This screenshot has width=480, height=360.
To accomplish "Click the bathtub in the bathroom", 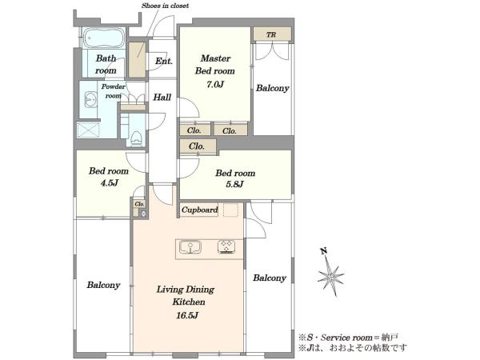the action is (104, 38).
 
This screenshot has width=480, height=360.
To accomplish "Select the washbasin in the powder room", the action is (90, 99).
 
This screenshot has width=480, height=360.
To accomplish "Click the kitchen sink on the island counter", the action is (190, 247).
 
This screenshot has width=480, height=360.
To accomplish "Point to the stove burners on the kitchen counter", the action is (226, 247).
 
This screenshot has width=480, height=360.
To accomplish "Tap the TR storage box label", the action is (271, 35).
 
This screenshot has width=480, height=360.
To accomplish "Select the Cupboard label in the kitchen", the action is (199, 210).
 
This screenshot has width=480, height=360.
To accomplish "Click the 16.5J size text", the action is (187, 315).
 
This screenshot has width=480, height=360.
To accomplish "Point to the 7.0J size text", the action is (215, 84).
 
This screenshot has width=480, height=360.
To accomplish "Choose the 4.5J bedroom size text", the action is (110, 183).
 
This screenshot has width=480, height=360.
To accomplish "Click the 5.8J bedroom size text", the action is (234, 184).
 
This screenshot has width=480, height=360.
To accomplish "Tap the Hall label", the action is (162, 98).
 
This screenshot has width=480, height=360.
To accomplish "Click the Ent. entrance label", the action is (164, 61).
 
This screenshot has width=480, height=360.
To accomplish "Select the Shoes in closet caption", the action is (165, 6).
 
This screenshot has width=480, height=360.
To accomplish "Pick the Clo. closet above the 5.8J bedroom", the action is (197, 146).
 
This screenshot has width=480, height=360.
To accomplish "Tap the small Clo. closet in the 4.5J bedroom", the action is (139, 204).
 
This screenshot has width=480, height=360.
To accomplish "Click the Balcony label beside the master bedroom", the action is (273, 88).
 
